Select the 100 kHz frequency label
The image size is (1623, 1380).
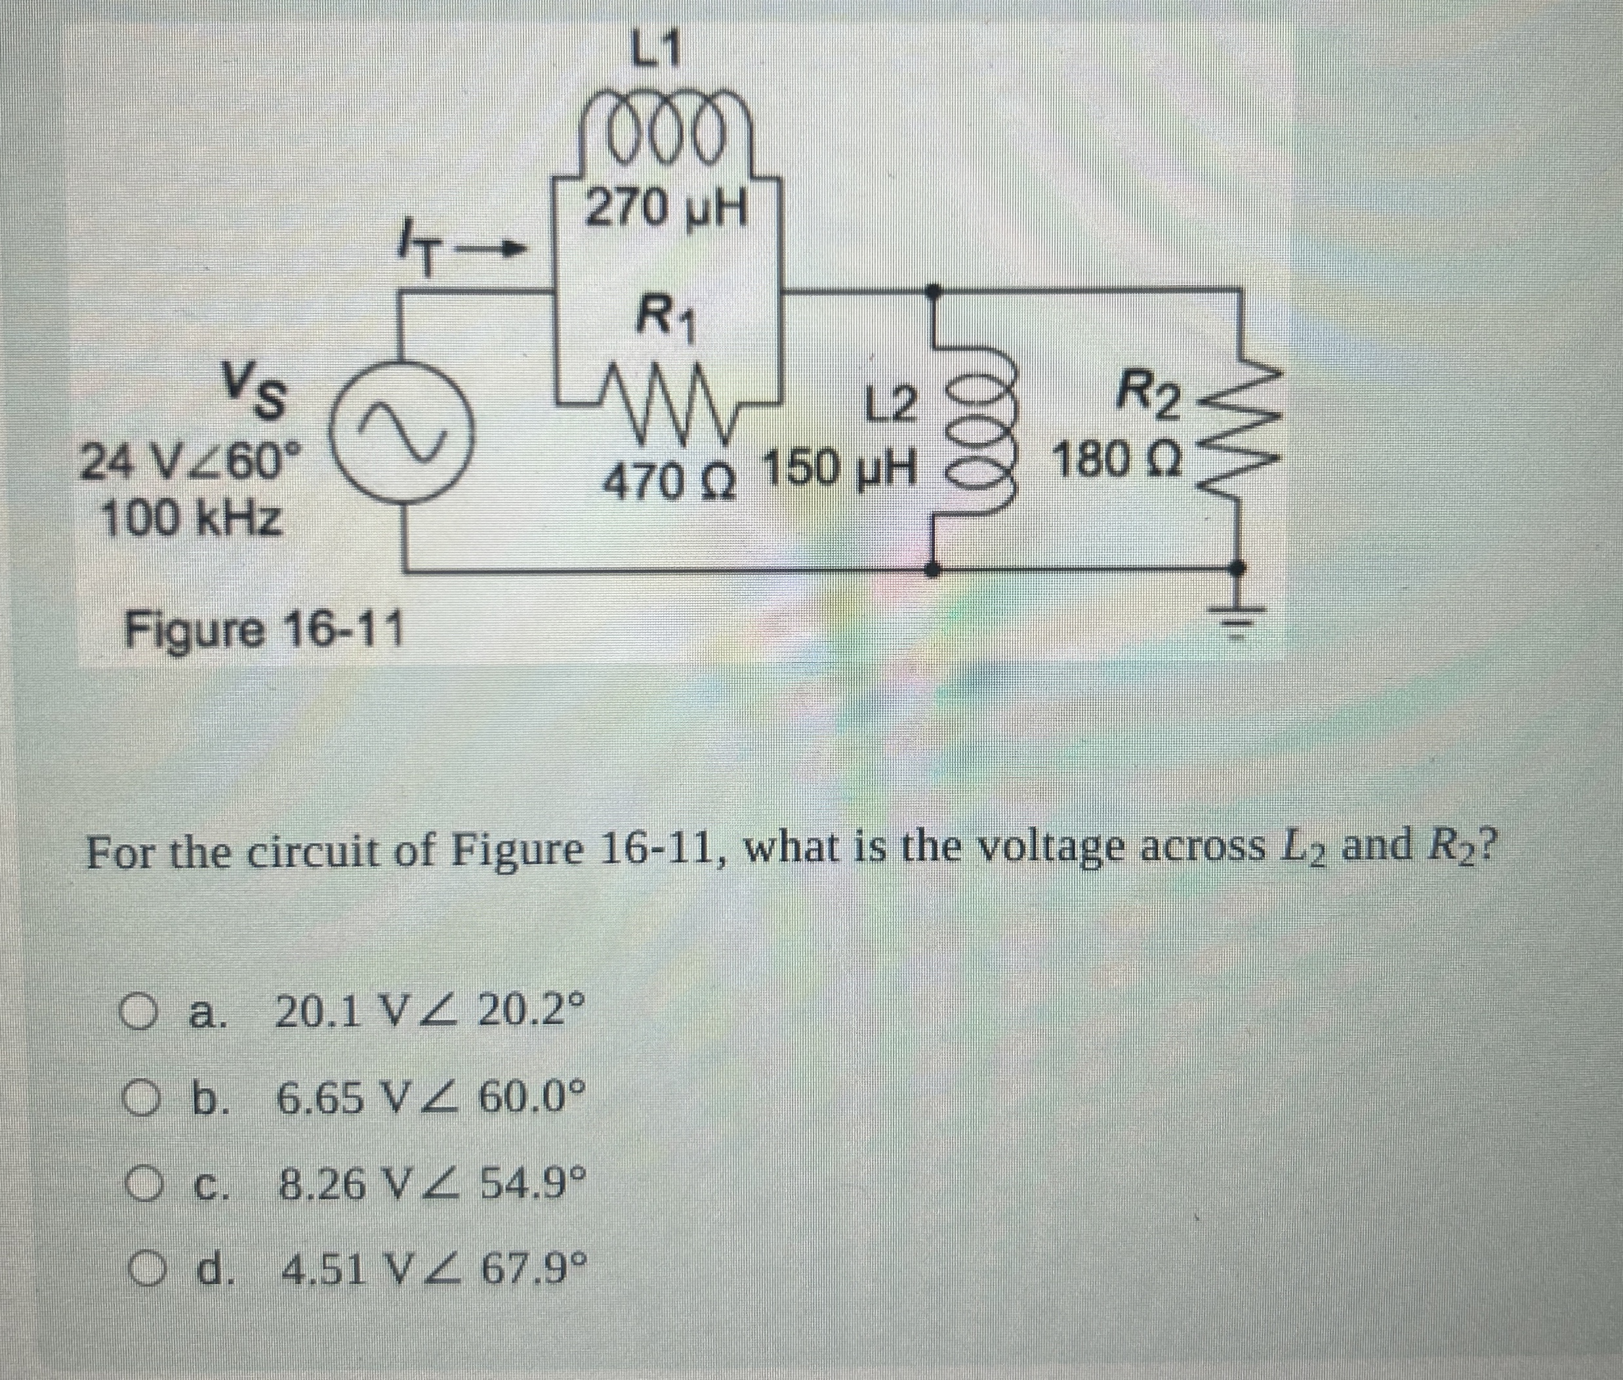click(x=192, y=518)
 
